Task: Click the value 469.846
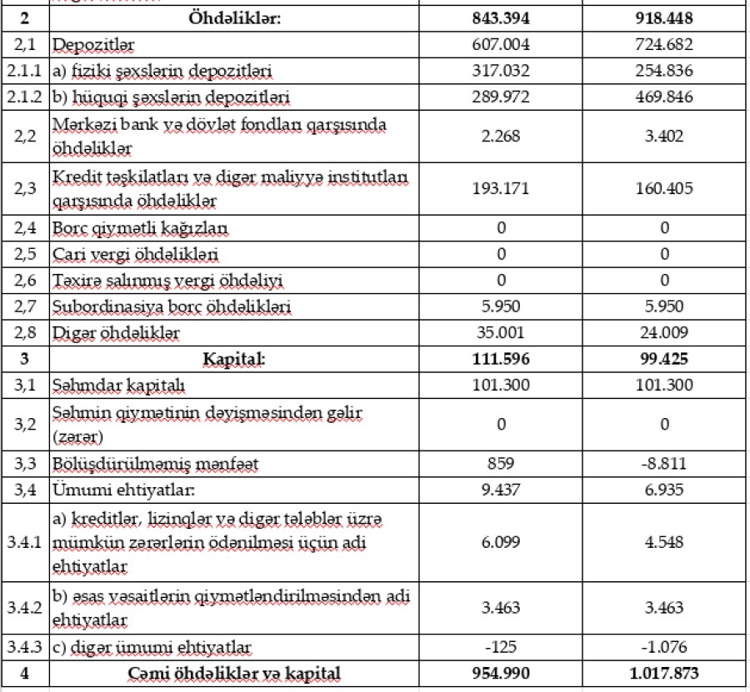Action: [x=664, y=97]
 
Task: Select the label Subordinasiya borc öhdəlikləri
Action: [x=172, y=306]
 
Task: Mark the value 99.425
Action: [x=664, y=359]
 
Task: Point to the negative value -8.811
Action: [x=664, y=464]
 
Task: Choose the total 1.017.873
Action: [x=664, y=673]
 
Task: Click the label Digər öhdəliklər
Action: [x=116, y=333]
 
